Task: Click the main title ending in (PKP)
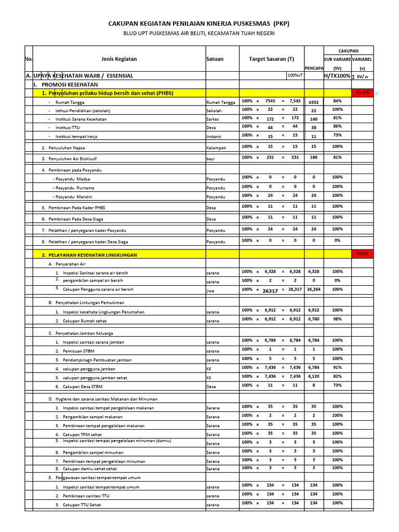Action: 199,24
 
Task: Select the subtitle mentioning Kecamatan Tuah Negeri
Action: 199,33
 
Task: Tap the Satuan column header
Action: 215,59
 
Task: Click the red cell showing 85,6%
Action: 363,92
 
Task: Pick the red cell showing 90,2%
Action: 363,254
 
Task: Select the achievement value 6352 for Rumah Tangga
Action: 313,102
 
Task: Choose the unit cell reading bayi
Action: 210,157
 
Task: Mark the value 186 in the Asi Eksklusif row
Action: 313,157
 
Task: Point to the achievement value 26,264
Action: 313,289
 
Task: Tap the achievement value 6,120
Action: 313,376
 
